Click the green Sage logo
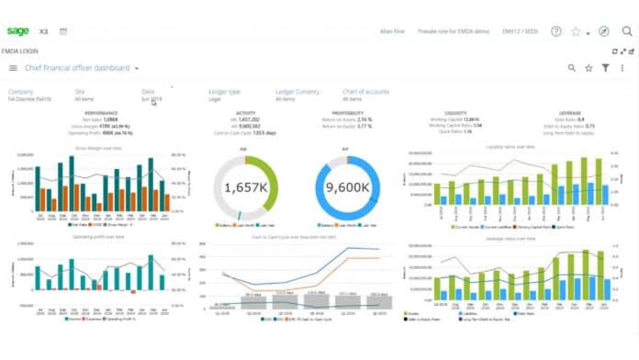17,31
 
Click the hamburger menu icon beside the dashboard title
13,68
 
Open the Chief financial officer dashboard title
76,68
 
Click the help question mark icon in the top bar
555,31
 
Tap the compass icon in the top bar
603,31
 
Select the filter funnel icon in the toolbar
605,68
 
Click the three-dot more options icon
623,68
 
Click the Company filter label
21,91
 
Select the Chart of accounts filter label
366,91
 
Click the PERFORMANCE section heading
100,113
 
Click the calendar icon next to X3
63,31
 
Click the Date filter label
148,91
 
